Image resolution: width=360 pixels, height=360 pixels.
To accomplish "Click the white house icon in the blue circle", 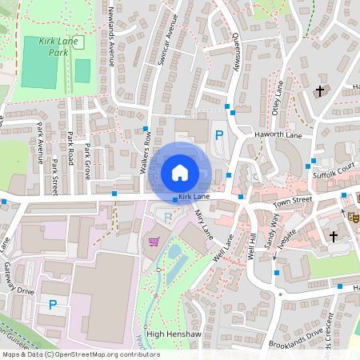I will click(x=179, y=172).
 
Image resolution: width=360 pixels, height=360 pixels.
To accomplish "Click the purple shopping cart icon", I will click(x=154, y=241).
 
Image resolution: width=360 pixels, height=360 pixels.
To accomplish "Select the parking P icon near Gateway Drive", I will click(x=53, y=304).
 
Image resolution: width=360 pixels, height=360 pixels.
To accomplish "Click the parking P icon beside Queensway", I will click(x=218, y=136).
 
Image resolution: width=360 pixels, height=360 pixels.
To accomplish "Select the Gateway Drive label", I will click(x=18, y=281).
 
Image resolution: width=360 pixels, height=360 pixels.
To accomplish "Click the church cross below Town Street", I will click(x=334, y=236).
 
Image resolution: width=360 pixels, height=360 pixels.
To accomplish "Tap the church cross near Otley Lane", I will click(x=320, y=92).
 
